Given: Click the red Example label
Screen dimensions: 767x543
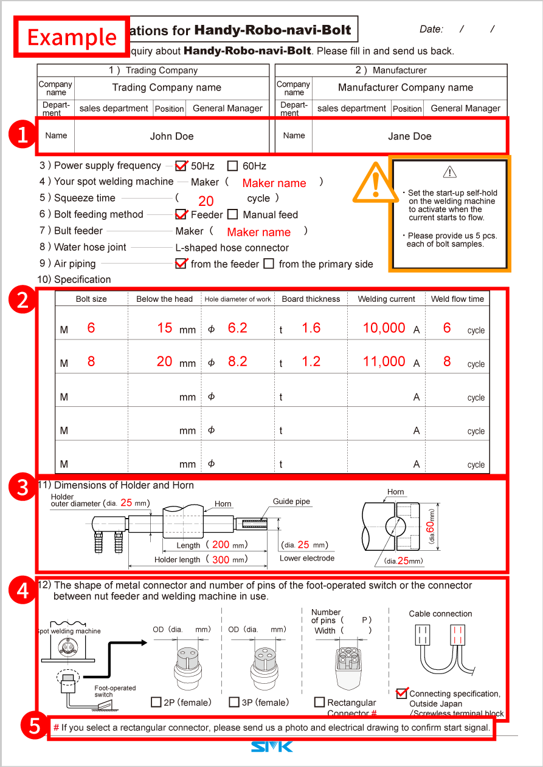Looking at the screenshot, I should [72, 37].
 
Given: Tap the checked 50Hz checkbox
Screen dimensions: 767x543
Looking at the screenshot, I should [181, 166].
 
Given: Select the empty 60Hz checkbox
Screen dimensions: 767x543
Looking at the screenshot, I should [232, 166].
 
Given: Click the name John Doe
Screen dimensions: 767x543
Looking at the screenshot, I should [171, 136].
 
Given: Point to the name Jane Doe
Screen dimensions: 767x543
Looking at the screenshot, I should [409, 136].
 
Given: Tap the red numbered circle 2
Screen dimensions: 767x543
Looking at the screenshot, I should [22, 300].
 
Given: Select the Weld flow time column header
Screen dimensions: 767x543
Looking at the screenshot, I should [457, 299].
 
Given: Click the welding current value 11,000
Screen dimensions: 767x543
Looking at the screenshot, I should [384, 361].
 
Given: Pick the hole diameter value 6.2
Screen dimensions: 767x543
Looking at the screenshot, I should [237, 328].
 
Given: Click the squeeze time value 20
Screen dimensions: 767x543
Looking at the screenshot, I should [206, 201].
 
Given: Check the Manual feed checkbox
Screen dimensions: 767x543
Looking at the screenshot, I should [232, 214].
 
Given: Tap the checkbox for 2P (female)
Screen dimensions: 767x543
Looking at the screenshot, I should [156, 702].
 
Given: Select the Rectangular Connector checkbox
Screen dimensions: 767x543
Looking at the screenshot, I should [319, 702].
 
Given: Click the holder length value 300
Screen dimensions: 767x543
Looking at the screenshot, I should [220, 559].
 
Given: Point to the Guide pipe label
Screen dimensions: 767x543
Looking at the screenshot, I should [291, 502].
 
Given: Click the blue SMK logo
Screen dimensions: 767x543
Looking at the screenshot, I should [271, 746].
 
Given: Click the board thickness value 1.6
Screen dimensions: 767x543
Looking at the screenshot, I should [311, 328].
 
